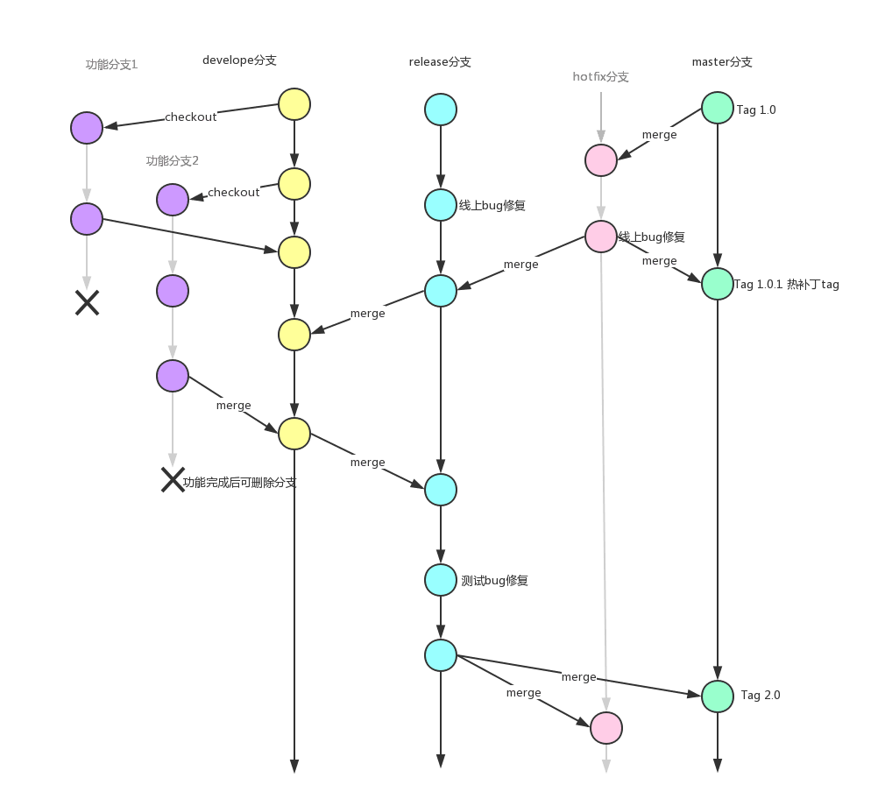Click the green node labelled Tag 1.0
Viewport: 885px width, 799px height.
tap(718, 108)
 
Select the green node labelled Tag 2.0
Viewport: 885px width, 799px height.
tap(718, 696)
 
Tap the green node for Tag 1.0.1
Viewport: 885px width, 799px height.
tap(718, 283)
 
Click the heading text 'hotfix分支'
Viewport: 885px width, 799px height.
tap(601, 77)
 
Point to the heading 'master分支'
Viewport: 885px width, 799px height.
tap(722, 62)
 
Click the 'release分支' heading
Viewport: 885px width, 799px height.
tap(440, 62)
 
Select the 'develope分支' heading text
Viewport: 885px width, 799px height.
tap(239, 60)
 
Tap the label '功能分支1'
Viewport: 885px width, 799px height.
tap(111, 65)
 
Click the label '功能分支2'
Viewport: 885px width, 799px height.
tap(173, 161)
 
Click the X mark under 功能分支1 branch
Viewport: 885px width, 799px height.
tap(87, 303)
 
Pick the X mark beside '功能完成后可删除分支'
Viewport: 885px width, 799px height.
tap(173, 479)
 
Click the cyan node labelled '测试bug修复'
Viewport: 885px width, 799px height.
tap(441, 580)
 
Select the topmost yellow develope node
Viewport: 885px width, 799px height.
tap(294, 104)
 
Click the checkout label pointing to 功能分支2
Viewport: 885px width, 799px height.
tap(234, 193)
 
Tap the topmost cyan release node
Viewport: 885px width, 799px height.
tap(441, 110)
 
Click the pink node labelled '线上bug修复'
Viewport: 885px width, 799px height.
tap(601, 237)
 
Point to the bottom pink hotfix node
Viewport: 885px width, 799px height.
tap(605, 728)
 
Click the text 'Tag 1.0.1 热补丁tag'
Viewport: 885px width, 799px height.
tap(787, 285)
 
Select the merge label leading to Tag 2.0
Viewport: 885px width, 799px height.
tap(578, 677)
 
